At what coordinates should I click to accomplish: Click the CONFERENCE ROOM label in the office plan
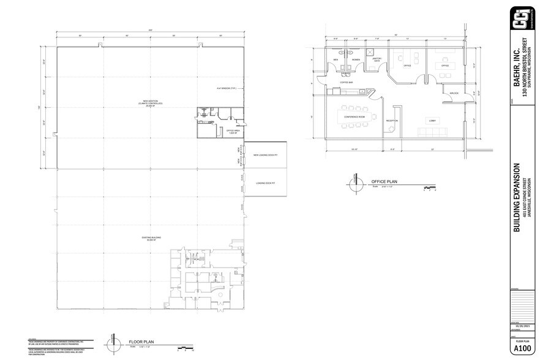point(354,116)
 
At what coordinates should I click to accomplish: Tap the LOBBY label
point(432,120)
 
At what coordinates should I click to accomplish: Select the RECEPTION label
point(392,121)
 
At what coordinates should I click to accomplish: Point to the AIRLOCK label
point(454,93)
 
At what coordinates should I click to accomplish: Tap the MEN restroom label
point(336,59)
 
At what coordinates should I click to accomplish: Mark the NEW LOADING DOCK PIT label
point(266,155)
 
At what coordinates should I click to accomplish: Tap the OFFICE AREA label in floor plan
point(232,131)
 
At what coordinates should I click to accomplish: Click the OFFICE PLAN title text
point(384,182)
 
